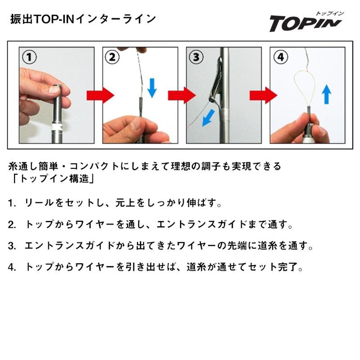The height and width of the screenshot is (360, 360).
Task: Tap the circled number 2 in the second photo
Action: [113, 57]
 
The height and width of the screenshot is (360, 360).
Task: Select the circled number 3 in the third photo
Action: [196, 57]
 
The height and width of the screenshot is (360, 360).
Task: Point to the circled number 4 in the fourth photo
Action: [280, 57]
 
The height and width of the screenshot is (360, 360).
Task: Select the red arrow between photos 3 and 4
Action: [264, 95]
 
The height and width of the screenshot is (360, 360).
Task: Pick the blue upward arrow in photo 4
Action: [327, 94]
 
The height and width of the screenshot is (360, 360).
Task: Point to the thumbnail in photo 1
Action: [54, 90]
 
